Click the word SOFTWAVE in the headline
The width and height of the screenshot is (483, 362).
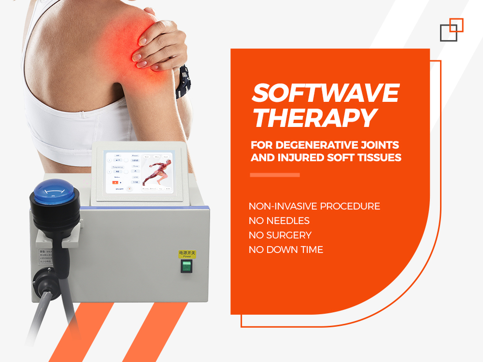pos(325,93)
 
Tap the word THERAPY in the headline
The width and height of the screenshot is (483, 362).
pos(314,118)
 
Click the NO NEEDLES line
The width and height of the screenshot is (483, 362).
pos(279,221)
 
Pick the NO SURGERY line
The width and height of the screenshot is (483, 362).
pos(280,235)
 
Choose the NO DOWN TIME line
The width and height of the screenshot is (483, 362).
pos(286,250)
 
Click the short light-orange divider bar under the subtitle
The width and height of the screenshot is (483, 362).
pos(274,175)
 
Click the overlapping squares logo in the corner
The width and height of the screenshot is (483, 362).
pos(452,29)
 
